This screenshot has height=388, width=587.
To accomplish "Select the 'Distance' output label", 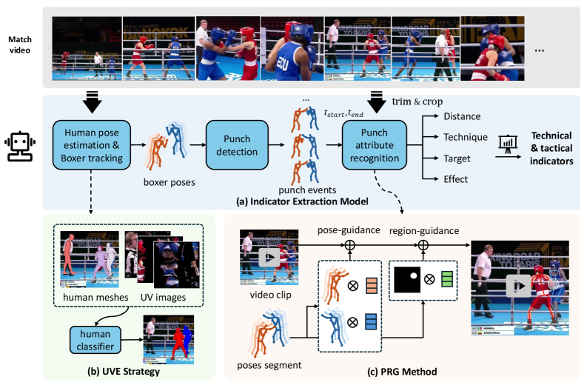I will click(462, 116).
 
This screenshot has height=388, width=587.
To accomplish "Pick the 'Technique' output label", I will click(465, 137).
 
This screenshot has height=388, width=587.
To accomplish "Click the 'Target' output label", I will click(457, 158).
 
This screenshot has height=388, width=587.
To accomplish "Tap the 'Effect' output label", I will click(456, 178).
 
